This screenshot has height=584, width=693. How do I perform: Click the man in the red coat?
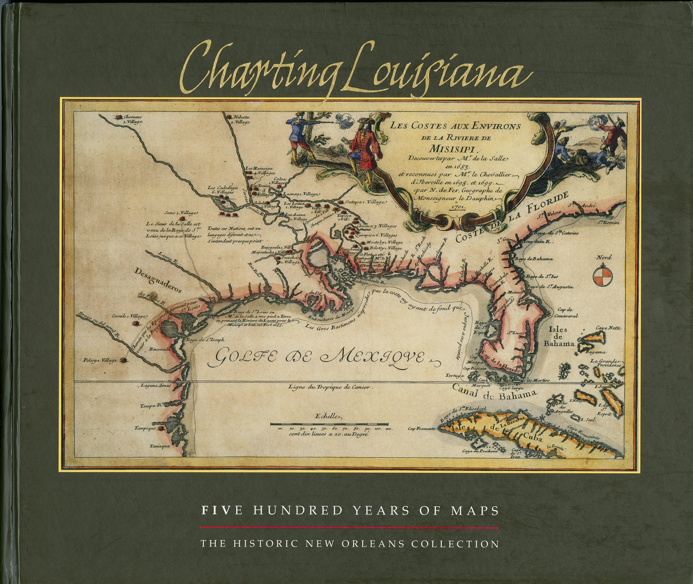coord(361,150)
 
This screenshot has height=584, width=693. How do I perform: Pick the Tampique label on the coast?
coord(145,428)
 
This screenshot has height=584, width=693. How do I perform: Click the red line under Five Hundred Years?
coord(349,527)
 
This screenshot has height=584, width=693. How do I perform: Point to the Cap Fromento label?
coord(421,429)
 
